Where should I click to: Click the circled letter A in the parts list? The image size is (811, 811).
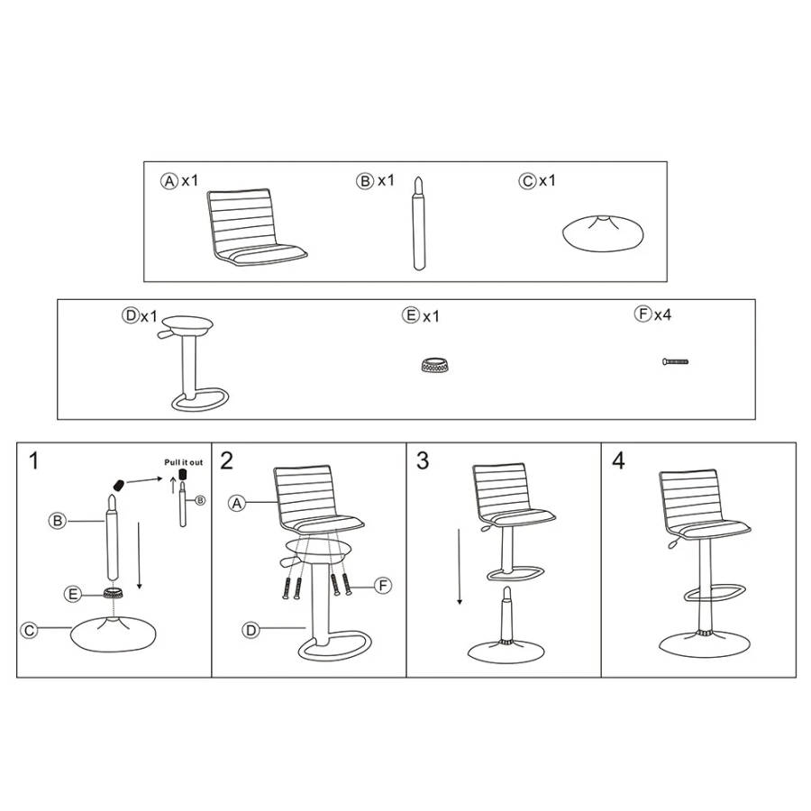click(x=169, y=181)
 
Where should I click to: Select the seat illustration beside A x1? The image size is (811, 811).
click(x=256, y=228)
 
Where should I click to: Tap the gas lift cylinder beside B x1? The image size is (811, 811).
click(x=418, y=223)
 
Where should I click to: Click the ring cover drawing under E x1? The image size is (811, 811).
click(x=434, y=365)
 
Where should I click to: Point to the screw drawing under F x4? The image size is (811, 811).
click(x=675, y=361)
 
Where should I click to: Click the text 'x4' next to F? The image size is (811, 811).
click(x=662, y=314)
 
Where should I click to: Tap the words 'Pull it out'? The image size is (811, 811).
click(x=184, y=462)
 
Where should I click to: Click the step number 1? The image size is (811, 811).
click(x=33, y=460)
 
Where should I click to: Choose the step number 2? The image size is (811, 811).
click(x=226, y=460)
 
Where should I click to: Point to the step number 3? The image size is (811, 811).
click(x=423, y=460)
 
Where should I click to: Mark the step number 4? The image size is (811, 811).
click(x=618, y=460)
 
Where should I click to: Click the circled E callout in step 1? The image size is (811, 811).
click(x=73, y=595)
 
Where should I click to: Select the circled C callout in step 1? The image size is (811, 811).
click(x=29, y=630)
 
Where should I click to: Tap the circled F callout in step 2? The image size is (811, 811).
click(x=383, y=586)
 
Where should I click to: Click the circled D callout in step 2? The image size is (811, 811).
click(x=251, y=630)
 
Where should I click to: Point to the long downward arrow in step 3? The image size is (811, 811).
click(x=460, y=567)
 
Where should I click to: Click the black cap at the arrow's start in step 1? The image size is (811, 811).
click(x=119, y=485)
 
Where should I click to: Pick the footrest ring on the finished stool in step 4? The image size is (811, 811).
click(x=715, y=593)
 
